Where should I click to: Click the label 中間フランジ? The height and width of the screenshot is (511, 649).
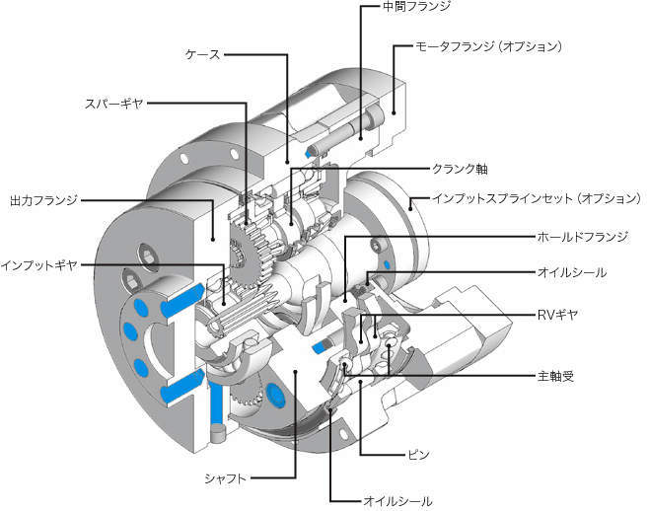(x=416, y=6)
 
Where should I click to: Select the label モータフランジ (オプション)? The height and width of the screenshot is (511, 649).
(x=489, y=46)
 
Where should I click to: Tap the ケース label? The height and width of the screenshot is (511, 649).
(x=202, y=54)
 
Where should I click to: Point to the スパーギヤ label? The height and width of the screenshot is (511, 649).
(x=113, y=104)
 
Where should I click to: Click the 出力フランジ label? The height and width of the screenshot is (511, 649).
(x=43, y=200)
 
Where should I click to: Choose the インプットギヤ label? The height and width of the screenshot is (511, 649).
(x=38, y=264)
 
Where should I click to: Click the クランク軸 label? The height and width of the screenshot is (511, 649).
(x=460, y=169)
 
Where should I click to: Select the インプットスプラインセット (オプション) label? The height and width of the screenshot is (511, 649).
(x=537, y=198)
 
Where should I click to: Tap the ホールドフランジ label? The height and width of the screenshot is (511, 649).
(x=582, y=237)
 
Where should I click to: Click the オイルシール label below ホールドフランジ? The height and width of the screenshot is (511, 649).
(x=572, y=272)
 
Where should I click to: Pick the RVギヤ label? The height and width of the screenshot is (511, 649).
(x=557, y=315)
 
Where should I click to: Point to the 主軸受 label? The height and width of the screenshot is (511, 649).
(x=555, y=376)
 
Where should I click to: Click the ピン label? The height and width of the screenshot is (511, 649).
(x=418, y=455)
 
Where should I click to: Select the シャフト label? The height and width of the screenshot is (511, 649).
(x=226, y=478)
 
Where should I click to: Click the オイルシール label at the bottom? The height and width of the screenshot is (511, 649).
(x=397, y=501)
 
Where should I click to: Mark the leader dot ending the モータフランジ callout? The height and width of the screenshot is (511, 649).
(x=394, y=111)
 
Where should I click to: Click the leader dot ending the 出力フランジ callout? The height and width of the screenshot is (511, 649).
(x=213, y=239)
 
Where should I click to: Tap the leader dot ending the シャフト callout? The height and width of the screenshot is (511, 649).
(x=295, y=372)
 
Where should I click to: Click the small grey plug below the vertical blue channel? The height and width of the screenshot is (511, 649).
(x=217, y=433)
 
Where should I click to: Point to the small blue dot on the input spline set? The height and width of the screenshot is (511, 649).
(x=387, y=264)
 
